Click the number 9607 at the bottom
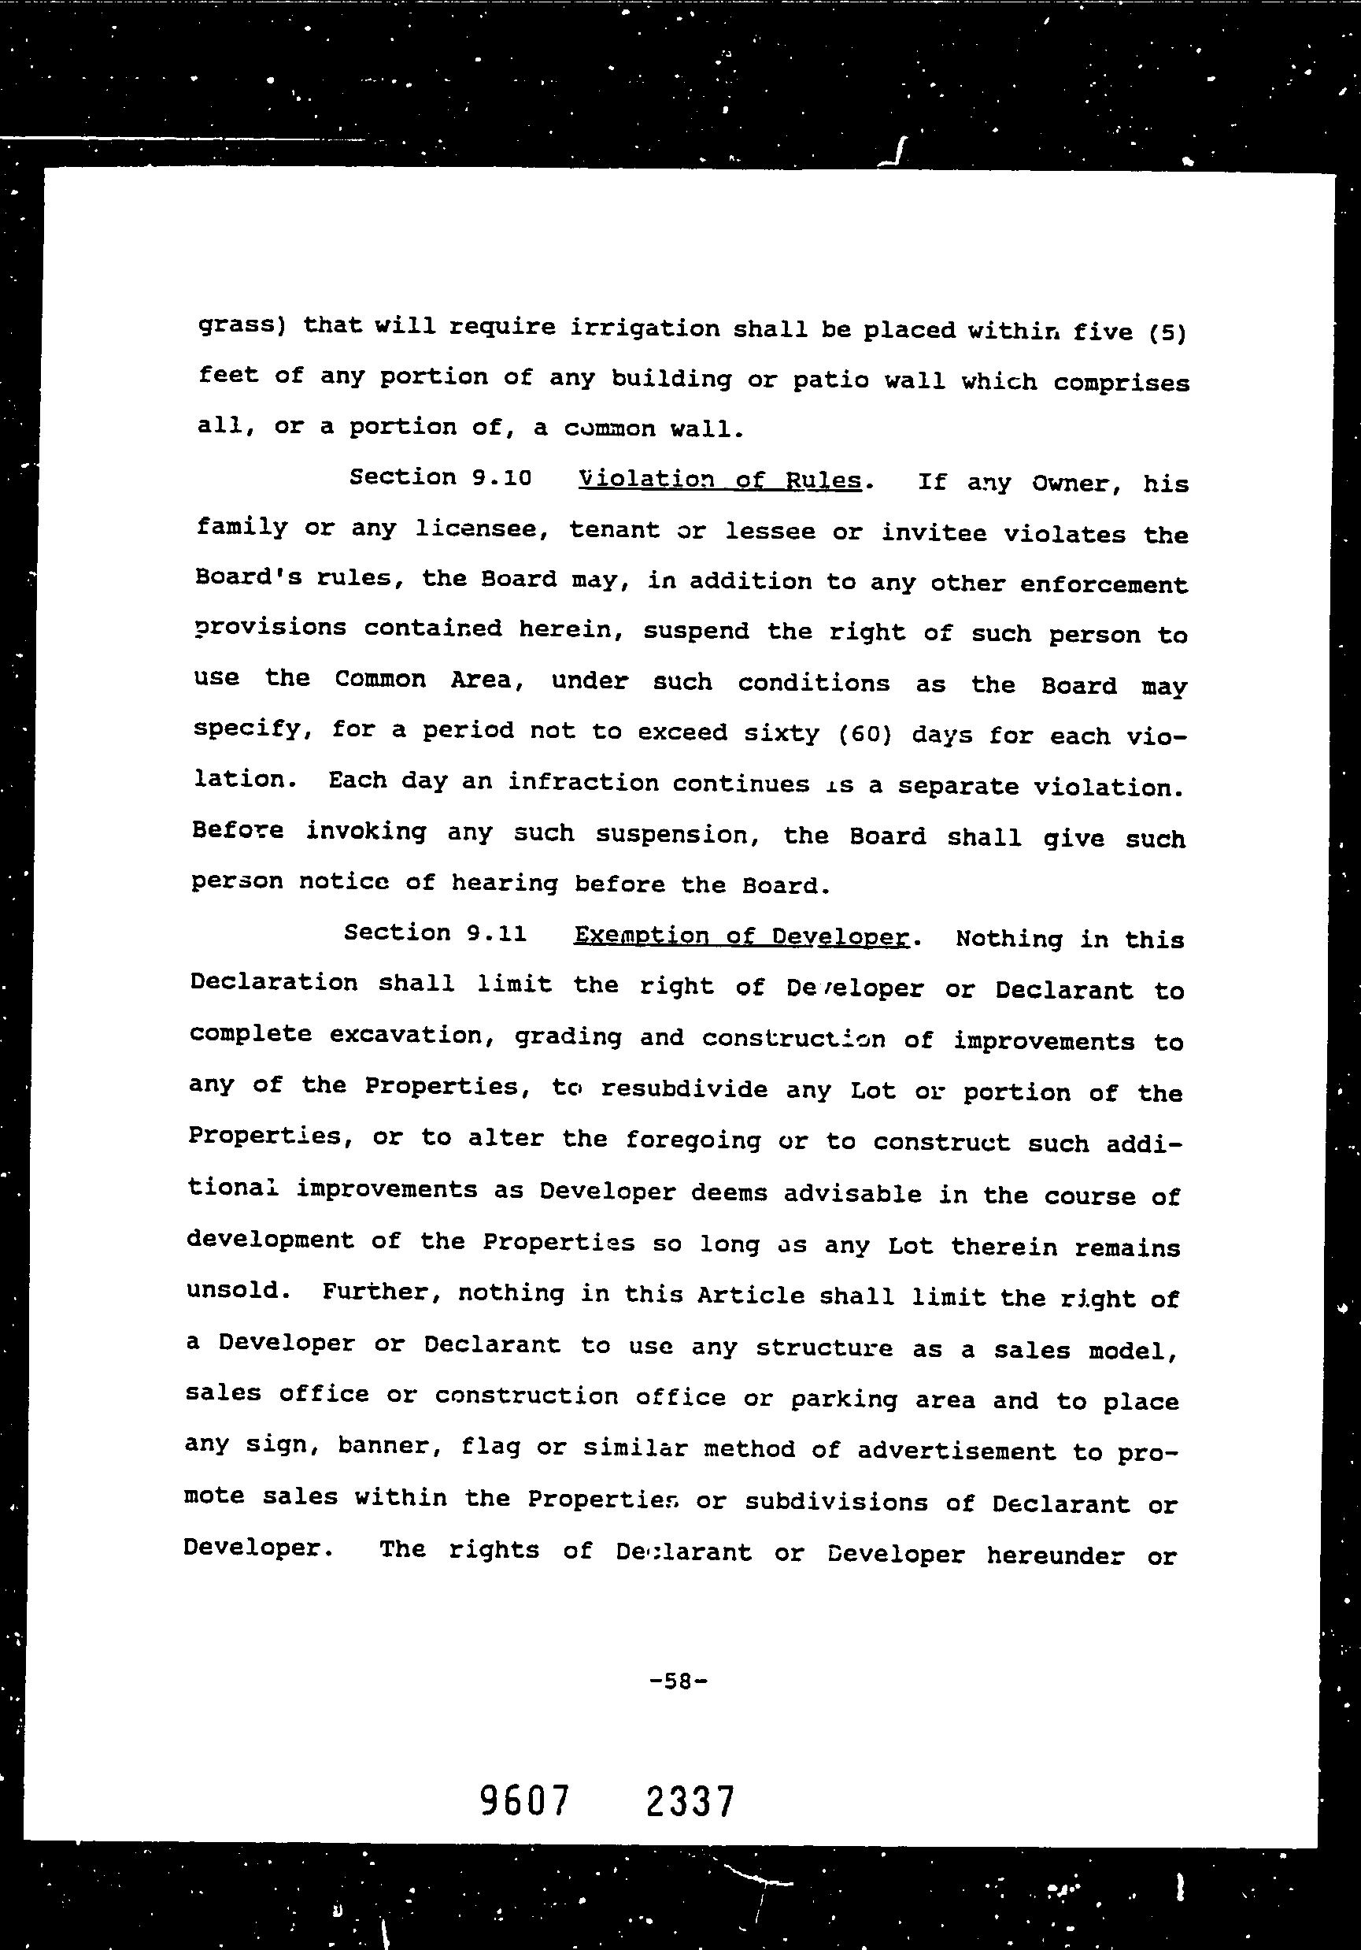pyautogui.click(x=523, y=1801)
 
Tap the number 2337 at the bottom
pyautogui.click(x=690, y=1801)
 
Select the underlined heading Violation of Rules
pyautogui.click(x=719, y=480)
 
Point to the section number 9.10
pyautogui.click(x=501, y=477)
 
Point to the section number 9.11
pyautogui.click(x=497, y=933)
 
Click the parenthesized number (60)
pyautogui.click(x=864, y=734)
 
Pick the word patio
pyautogui.click(x=830, y=380)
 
